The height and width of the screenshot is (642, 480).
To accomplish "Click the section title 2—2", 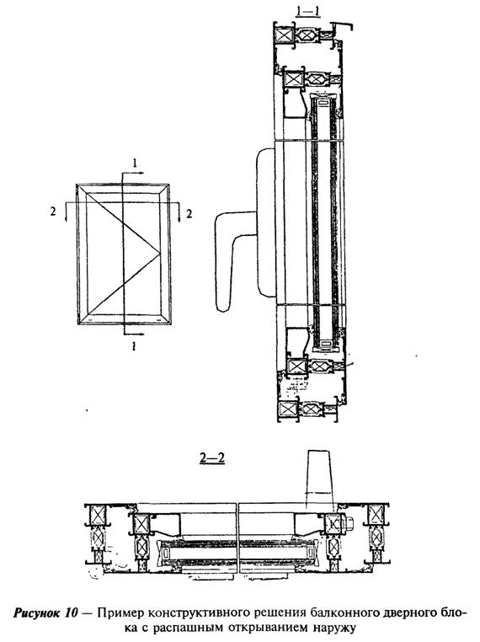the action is point(212,458).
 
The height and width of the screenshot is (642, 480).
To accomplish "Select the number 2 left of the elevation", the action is point(52,211).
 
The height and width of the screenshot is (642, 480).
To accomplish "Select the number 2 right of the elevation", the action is point(189,213).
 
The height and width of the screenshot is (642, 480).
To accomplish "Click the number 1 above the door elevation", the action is point(134,163).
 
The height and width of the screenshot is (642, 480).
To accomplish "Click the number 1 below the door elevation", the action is point(133,347).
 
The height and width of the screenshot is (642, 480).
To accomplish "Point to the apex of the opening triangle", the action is point(160,254).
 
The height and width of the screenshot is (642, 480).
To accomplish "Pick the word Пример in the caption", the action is point(120,613).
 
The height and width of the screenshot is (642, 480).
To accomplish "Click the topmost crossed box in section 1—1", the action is point(285,35).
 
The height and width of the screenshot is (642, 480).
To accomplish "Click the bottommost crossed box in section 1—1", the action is point(286,409).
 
